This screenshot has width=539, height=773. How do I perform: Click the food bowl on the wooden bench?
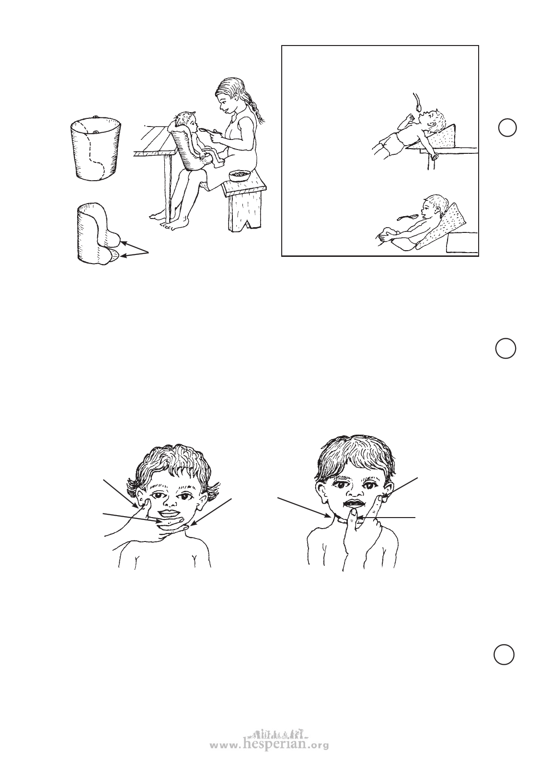click(x=240, y=176)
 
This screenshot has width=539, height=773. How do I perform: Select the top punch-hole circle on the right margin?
click(x=507, y=127)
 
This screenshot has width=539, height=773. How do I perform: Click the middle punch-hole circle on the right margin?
click(x=505, y=348)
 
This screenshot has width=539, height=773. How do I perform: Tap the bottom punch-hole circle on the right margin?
click(x=504, y=655)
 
